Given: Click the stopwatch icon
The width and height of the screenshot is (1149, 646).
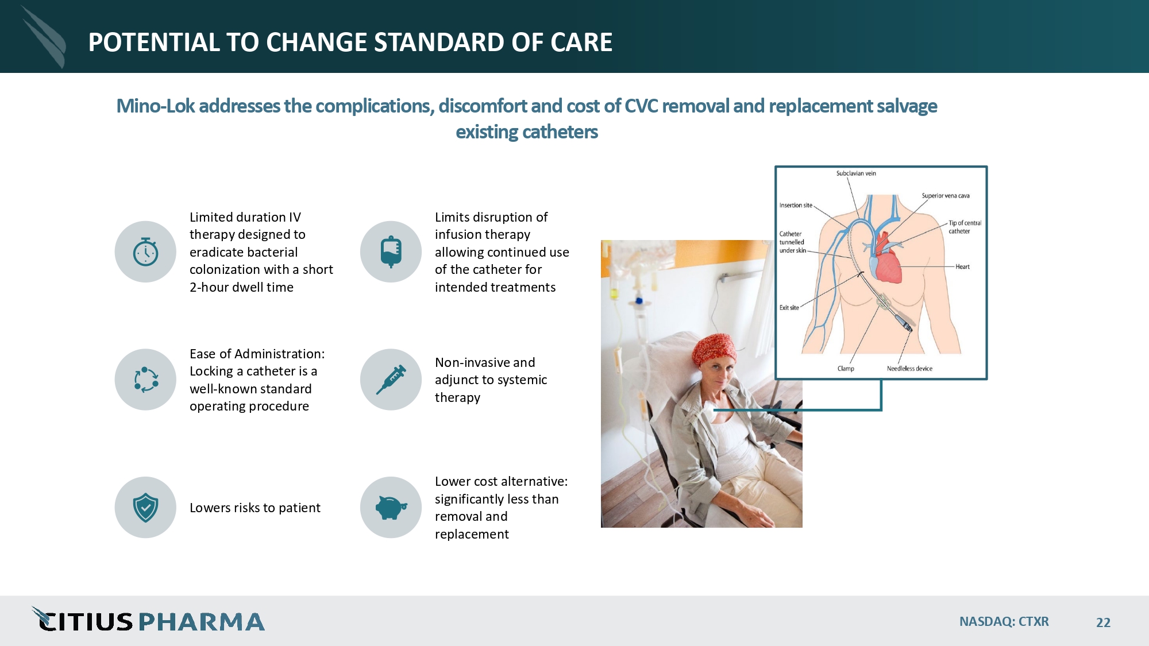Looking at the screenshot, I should [145, 252].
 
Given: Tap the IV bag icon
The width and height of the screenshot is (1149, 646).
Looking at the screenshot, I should [391, 252].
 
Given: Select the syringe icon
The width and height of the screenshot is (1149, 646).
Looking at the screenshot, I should [391, 380].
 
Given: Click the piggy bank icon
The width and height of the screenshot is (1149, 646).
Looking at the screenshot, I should [391, 508].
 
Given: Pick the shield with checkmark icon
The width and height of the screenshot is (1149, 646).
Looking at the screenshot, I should [145, 508].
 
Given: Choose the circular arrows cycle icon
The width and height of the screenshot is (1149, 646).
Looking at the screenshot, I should [145, 380].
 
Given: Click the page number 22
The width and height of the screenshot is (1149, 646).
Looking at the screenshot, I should [1103, 622].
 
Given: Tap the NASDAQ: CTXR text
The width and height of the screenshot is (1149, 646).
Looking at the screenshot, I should [1004, 622].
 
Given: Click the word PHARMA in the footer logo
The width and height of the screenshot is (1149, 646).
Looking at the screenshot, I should [201, 622].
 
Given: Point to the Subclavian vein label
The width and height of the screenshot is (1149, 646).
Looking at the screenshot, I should [856, 173].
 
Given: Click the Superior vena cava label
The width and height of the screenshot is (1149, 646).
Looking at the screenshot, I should [946, 196].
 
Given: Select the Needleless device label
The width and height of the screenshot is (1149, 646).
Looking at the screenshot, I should [909, 369].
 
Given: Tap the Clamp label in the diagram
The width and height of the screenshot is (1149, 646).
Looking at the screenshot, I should [846, 369].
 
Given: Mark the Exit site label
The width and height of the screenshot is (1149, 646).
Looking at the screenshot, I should [789, 308].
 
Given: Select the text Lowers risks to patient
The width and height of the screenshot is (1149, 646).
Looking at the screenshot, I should [255, 508].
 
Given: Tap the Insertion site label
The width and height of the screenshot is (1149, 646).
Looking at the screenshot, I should [796, 205].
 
